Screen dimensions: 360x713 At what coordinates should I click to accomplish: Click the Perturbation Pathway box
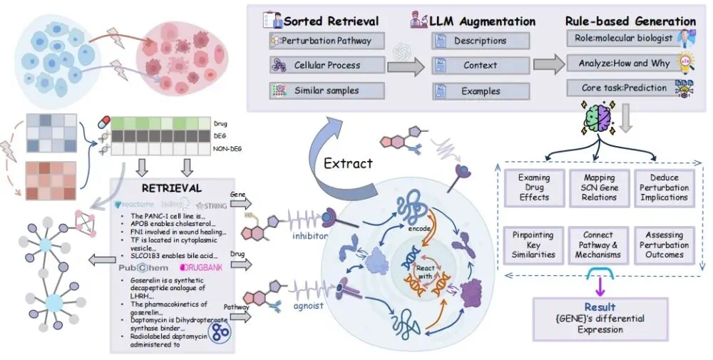pos(327,41)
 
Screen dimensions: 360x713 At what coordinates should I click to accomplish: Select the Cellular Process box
pos(327,66)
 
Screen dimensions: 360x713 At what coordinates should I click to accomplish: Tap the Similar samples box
pos(327,91)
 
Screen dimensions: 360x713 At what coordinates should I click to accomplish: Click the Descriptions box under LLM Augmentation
pos(480,41)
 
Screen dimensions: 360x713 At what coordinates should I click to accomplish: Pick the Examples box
pos(480,91)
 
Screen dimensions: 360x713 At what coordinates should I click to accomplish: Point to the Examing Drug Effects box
pos(534,187)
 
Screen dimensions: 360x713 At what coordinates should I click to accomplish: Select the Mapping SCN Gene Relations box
pos(599,187)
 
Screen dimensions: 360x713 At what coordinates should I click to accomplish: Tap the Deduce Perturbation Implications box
pos(664,187)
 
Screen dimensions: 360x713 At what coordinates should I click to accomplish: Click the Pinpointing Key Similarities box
pos(534,245)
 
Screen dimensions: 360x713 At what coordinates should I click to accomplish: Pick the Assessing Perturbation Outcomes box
pos(664,245)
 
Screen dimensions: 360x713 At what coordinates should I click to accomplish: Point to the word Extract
pos(348,163)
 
